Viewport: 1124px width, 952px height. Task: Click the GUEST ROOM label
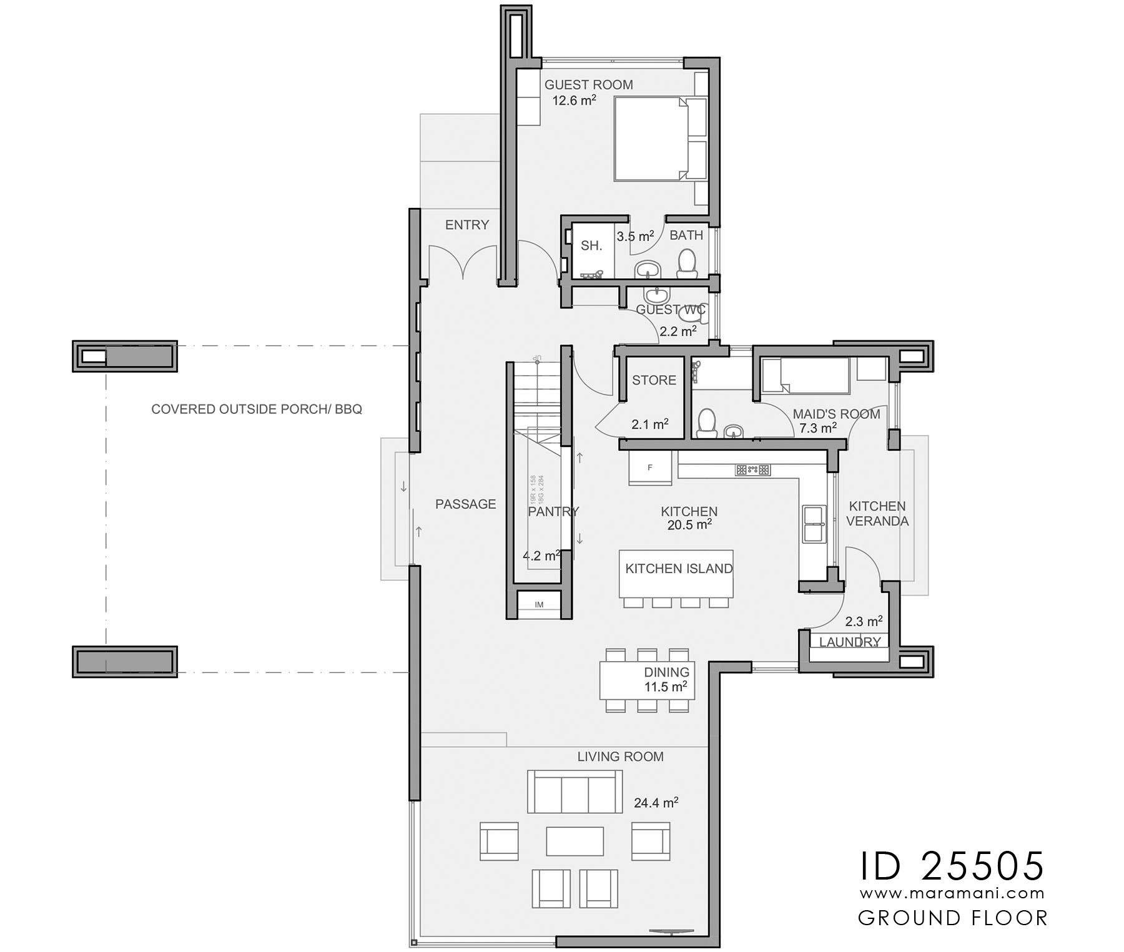click(588, 85)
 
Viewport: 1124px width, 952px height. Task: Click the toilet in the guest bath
click(687, 265)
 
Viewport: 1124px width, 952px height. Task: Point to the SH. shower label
click(591, 246)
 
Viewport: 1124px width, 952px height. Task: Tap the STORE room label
click(654, 380)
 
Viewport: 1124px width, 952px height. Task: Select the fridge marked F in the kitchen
click(650, 468)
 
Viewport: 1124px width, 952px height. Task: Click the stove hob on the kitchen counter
click(753, 469)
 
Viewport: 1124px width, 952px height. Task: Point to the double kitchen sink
click(814, 523)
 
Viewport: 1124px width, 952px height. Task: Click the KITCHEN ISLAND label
click(678, 569)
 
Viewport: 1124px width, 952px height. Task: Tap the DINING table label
click(666, 672)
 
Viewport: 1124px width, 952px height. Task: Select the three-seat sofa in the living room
click(574, 791)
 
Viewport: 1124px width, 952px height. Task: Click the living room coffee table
click(574, 840)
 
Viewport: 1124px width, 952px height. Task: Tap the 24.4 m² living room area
click(656, 803)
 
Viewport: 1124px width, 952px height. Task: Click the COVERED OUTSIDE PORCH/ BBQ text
click(257, 410)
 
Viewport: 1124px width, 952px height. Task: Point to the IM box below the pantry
click(539, 604)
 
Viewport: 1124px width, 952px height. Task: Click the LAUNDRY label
click(849, 642)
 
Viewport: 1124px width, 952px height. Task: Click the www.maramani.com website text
click(952, 893)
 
